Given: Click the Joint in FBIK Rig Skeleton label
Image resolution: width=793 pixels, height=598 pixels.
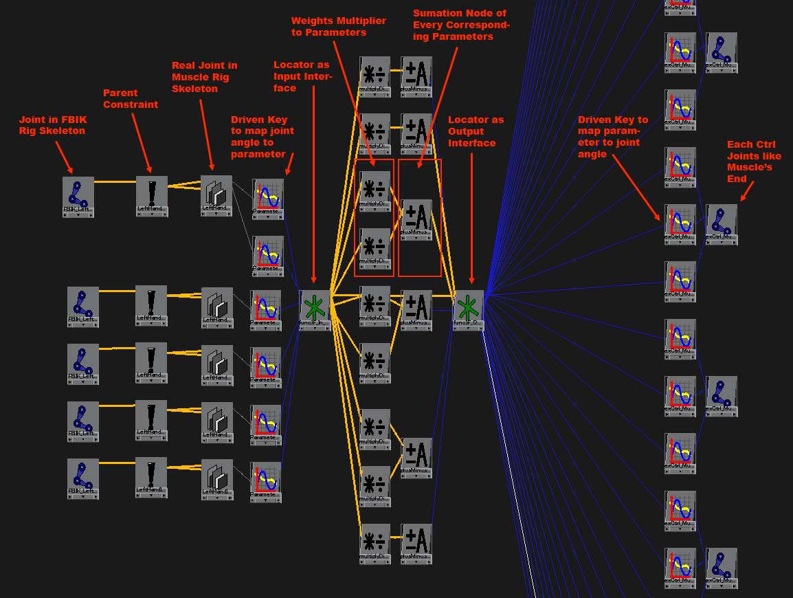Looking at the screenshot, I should click(52, 125).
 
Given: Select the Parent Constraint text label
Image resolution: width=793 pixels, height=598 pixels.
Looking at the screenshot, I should click(131, 98).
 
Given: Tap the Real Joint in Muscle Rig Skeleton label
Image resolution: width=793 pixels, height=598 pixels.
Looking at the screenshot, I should click(205, 77).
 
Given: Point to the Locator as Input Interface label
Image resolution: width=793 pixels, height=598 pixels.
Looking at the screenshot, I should click(302, 76).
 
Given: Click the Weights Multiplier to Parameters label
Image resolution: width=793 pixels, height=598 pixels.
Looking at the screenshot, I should click(339, 26).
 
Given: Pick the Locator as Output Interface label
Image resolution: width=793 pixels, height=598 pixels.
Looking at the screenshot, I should click(476, 131).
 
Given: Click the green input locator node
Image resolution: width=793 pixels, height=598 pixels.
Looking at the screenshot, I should click(315, 307).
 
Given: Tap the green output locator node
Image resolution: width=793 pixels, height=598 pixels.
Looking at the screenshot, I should click(469, 307).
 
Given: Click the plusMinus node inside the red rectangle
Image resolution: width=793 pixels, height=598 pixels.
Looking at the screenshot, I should click(416, 218).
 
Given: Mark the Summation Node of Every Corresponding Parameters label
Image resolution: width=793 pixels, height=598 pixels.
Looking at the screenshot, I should click(461, 25).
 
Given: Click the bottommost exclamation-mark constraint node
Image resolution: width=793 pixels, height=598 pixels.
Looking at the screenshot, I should click(151, 475).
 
